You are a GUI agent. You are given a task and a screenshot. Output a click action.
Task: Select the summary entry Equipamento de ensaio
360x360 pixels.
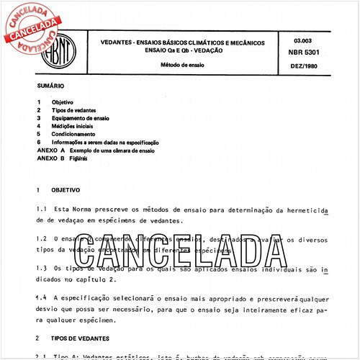(81, 118)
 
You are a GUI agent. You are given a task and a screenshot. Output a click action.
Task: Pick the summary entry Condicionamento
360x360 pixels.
(73, 134)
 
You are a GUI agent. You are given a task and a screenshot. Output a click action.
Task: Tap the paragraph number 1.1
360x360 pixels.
(41, 208)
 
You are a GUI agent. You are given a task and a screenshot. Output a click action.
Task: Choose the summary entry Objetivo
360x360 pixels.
(63, 102)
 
